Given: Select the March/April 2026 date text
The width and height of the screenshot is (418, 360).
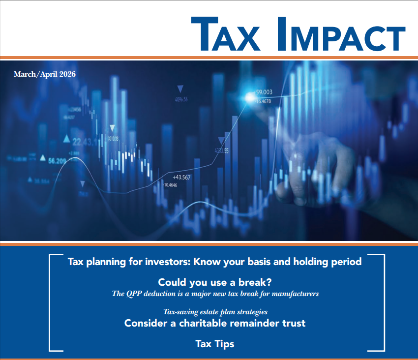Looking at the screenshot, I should click(x=45, y=74).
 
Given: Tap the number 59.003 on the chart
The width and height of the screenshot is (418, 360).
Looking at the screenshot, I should click(x=264, y=92).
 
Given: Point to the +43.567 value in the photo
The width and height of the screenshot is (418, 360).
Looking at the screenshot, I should click(x=181, y=177).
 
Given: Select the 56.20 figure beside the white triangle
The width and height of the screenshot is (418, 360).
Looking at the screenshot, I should click(x=57, y=160).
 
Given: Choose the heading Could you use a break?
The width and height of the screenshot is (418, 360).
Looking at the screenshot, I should click(x=215, y=283).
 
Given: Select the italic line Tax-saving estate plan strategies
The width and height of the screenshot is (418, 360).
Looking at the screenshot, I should click(x=215, y=312).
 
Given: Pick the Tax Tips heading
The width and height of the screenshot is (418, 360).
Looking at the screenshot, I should click(x=215, y=344).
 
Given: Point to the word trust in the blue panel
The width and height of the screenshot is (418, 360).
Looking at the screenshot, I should click(x=292, y=323).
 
